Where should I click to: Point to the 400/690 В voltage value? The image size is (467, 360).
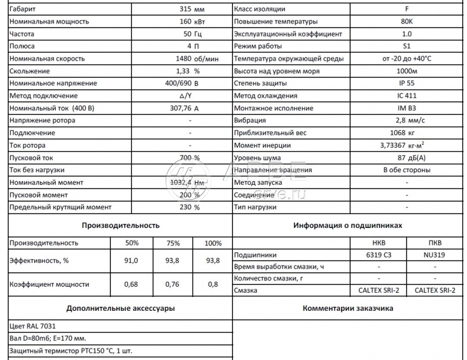click(x=185, y=83)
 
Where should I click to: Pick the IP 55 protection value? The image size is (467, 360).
click(x=407, y=83)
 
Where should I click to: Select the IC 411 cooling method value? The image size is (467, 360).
click(x=407, y=96)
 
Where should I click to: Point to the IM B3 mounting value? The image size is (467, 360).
click(x=407, y=108)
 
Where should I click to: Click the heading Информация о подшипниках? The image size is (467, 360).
click(x=347, y=226)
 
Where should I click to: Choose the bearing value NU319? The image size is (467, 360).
click(x=435, y=254)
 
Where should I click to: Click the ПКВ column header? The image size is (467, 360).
click(x=435, y=243)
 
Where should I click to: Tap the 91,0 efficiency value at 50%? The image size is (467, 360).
click(x=131, y=260)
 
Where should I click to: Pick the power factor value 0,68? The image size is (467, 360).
click(x=131, y=284)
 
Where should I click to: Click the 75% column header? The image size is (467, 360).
click(x=172, y=243)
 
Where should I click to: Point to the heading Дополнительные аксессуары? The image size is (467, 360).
click(x=120, y=309)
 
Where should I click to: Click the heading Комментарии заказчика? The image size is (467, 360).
click(x=348, y=309)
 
